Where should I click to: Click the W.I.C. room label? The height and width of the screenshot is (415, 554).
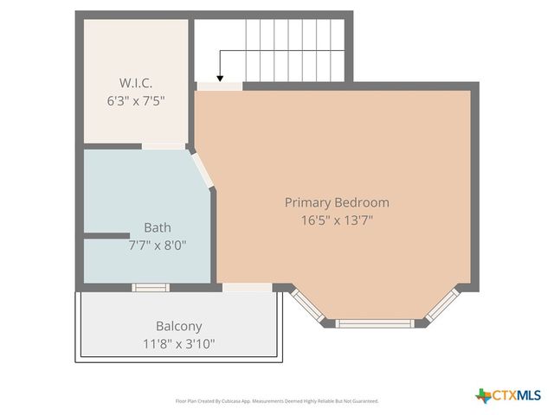(136, 83)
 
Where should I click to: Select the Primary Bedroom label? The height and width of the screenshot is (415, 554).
(337, 202)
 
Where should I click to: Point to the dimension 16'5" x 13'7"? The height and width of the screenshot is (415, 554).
(337, 220)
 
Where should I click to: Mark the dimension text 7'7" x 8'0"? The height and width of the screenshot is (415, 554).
(157, 245)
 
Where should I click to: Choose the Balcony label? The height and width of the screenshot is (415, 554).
(178, 326)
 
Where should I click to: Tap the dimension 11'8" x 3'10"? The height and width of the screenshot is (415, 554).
(178, 343)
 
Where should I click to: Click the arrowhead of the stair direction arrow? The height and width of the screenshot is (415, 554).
(220, 77)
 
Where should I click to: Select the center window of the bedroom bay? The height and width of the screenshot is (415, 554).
(375, 323)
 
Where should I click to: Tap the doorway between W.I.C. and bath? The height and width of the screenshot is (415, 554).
(164, 146)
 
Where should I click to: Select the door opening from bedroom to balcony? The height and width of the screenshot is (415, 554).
(247, 286)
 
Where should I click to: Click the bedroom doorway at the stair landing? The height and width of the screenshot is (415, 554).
(219, 86)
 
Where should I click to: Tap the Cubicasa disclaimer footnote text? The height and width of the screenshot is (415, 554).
(277, 401)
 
